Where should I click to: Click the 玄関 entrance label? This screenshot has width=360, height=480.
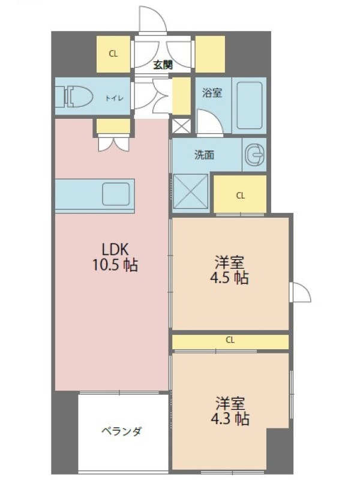(163, 65)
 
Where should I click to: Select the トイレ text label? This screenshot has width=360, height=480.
(115, 98)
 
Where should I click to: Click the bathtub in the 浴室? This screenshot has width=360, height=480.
(250, 106)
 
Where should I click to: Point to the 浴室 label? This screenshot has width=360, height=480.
(212, 92)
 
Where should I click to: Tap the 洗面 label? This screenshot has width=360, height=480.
(205, 155)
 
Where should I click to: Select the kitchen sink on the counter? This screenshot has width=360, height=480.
(116, 194)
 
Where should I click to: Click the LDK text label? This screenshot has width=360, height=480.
(115, 250)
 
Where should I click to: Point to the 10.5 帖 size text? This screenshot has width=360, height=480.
(115, 265)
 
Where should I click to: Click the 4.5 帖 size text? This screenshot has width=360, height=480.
(229, 278)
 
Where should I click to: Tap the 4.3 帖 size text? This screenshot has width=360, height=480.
(230, 419)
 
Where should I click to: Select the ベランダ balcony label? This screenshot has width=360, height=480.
(122, 431)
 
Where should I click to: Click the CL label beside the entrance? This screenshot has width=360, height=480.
(113, 54)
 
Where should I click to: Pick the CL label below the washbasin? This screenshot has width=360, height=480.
(241, 196)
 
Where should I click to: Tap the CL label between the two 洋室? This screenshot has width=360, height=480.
(230, 340)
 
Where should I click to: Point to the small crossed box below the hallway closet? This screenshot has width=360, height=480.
(181, 126)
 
